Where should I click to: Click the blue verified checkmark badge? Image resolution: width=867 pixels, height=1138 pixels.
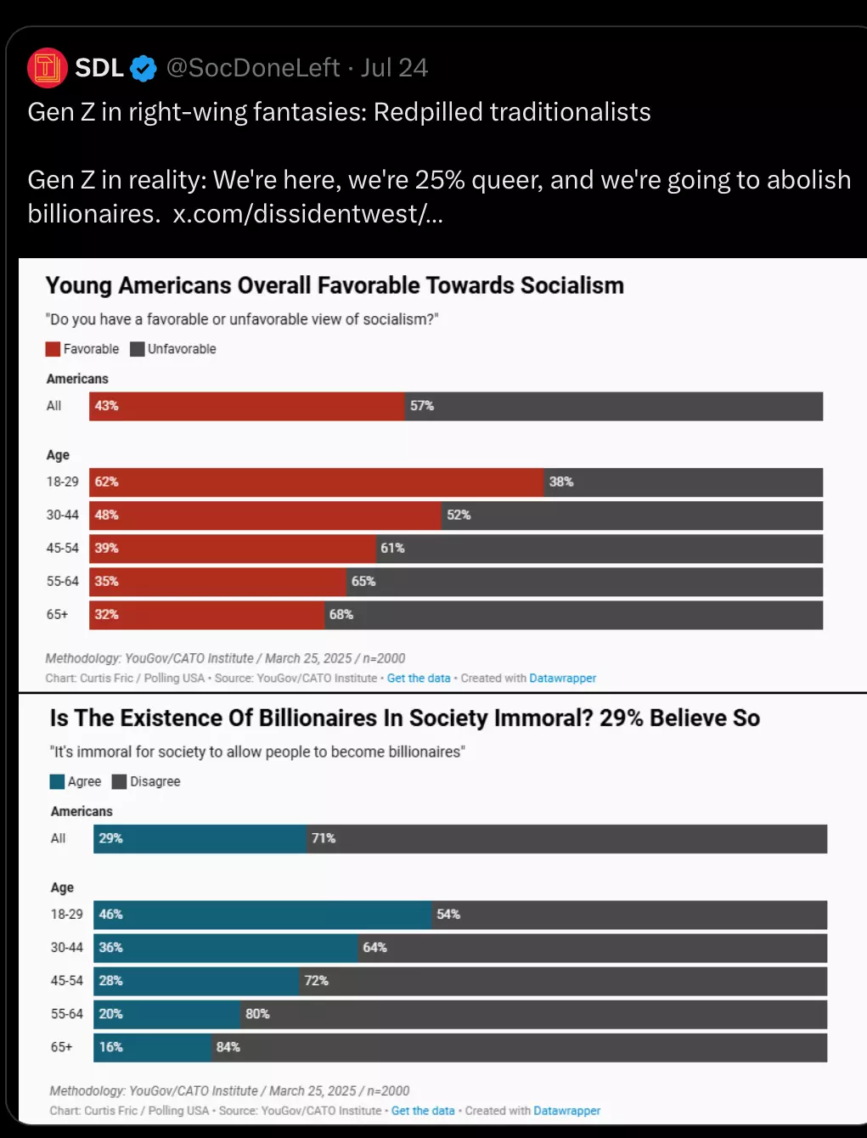[x=143, y=68]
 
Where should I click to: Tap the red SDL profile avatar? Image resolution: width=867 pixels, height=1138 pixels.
[x=48, y=68]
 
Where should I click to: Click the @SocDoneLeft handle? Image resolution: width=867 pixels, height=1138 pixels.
[x=253, y=68]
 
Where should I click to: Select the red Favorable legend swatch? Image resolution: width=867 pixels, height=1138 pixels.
[x=53, y=349]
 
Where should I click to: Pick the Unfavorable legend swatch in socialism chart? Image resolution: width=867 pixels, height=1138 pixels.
[x=138, y=349]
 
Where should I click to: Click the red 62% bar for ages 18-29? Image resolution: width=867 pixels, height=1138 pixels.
[x=317, y=482]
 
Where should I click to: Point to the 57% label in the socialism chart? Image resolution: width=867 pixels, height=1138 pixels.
[x=422, y=405]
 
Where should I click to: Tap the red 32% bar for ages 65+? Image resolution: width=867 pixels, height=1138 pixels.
[x=207, y=615]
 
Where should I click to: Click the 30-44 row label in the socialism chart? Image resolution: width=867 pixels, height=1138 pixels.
[x=63, y=515]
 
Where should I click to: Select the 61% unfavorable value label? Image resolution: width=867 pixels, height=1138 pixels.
[x=392, y=548]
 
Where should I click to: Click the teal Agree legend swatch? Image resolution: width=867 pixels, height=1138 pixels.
[x=57, y=781]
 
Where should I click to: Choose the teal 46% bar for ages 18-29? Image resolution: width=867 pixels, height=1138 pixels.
[x=262, y=915]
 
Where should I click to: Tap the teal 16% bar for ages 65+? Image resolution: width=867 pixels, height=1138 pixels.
[x=152, y=1047]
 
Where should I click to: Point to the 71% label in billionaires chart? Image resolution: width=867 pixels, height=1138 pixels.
[x=324, y=838]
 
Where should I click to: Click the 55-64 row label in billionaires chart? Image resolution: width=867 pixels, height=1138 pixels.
[x=67, y=1013]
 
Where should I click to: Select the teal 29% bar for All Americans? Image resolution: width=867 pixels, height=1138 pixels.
[x=200, y=839]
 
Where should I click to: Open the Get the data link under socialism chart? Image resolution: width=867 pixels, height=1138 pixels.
[x=419, y=679]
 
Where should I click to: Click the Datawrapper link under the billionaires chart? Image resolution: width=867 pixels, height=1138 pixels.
[x=567, y=1111]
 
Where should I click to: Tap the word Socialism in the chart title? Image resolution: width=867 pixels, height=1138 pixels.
[x=572, y=285]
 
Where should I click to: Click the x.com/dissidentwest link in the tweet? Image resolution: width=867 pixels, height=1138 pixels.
[x=308, y=213]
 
